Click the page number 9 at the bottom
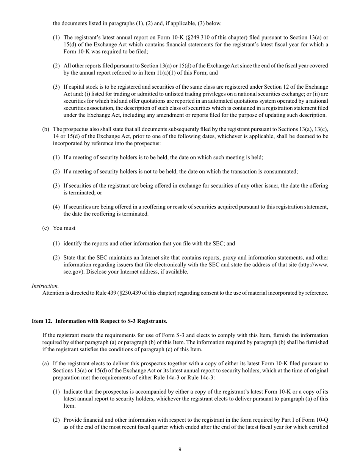point(180,450)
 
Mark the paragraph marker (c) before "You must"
point(45,228)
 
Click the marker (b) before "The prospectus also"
point(45,130)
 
